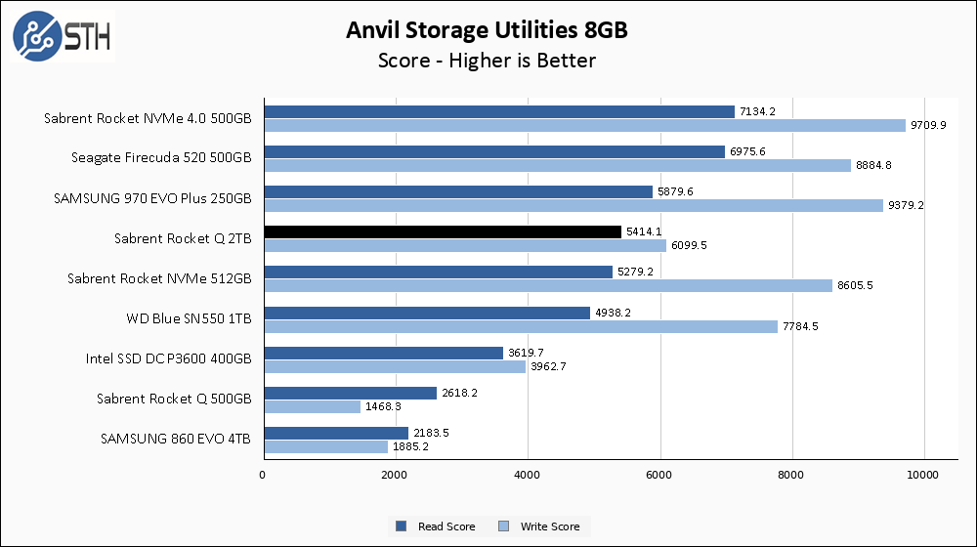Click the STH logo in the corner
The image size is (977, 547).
coord(61,36)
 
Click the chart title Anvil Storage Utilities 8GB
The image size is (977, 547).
coord(487,30)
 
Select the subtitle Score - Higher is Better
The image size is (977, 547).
coord(487,61)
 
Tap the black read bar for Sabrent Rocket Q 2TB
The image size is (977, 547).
coord(443,231)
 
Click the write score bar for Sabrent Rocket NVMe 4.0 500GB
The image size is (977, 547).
coord(584,125)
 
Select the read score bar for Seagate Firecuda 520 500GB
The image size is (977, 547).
coord(493,151)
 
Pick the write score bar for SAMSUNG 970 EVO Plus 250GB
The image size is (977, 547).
coord(573,205)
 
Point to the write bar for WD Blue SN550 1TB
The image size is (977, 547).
coord(521,326)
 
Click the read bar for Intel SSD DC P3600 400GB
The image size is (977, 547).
coord(383,353)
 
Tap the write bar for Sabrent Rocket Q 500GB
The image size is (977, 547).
coord(312,406)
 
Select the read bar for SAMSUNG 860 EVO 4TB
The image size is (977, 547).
coord(335,433)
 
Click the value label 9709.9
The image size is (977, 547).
coord(929,125)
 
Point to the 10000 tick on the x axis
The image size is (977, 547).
coord(924,476)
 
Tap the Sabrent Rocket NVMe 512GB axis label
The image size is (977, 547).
coord(159,278)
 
